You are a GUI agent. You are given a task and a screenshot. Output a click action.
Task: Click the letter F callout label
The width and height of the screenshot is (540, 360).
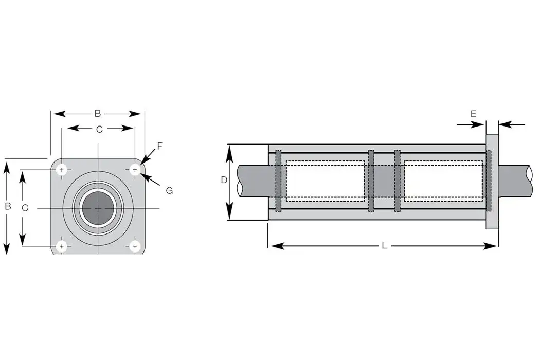coord(159,146)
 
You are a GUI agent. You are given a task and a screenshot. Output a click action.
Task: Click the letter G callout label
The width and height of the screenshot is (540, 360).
coord(169,190)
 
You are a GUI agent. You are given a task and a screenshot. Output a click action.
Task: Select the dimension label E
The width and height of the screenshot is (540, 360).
coord(473,114)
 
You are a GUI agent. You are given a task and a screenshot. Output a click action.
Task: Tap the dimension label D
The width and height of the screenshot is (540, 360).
coord(224,180)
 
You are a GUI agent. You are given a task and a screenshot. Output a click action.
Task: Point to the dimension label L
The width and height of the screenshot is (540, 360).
coord(384,246)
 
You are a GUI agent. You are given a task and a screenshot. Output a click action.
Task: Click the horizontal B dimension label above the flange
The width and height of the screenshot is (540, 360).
coord(97,113)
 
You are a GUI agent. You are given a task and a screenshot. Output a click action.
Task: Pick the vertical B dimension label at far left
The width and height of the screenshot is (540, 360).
coord(8,206)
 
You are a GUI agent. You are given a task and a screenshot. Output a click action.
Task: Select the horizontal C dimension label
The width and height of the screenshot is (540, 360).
coord(99,129)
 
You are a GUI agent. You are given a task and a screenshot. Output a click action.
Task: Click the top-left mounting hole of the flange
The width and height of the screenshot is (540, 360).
coord(62,169)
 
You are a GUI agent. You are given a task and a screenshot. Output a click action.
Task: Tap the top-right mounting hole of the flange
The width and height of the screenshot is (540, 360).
coord(135,169)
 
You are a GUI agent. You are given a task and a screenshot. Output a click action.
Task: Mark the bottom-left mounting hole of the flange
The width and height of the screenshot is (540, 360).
coord(62,246)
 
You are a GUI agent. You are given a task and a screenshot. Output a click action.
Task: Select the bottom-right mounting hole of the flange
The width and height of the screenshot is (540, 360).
coord(135,246)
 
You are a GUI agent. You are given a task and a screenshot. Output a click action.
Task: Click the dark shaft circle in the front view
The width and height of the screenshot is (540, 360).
coord(98,208)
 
